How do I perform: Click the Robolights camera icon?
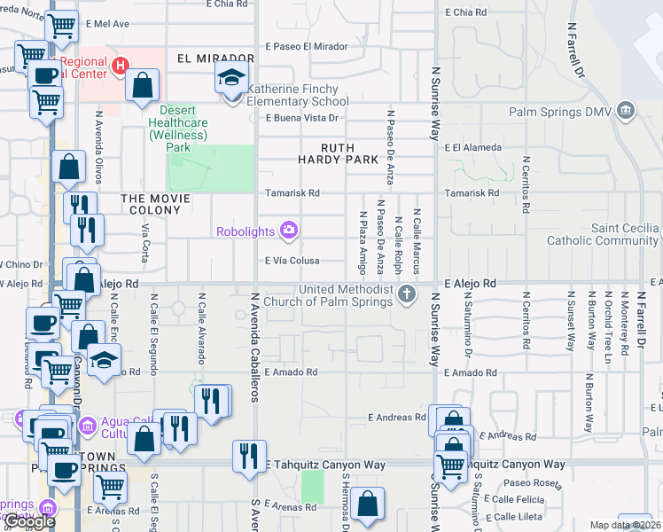point(288,231)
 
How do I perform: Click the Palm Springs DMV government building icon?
point(627,111)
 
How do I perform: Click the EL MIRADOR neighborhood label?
point(209,59)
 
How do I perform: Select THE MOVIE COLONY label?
point(156,210)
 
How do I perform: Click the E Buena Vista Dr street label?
point(304,118)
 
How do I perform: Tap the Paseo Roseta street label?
point(529,483)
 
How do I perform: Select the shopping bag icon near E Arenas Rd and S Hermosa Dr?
point(367,505)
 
